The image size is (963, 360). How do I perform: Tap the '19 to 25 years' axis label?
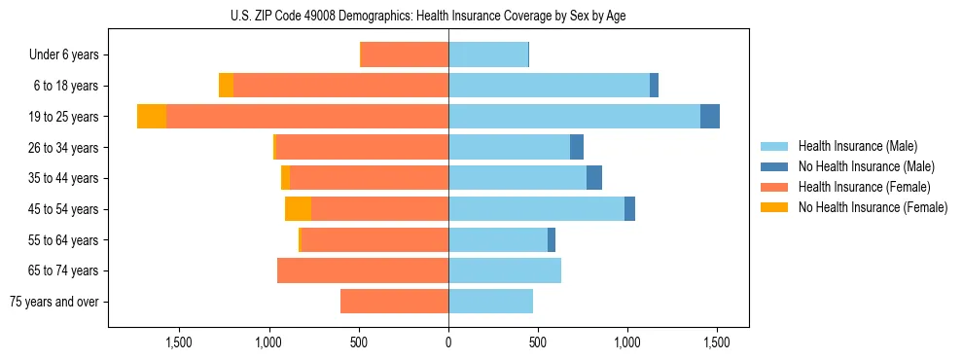point(63,117)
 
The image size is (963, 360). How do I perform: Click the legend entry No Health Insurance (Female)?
point(872,207)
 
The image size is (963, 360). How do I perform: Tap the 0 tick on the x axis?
point(448,342)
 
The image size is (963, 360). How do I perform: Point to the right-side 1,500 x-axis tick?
point(717,342)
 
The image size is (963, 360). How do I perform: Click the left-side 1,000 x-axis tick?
point(269,342)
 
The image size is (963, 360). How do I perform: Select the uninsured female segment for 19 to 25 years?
point(152,117)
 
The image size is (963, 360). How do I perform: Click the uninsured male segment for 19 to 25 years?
point(710,117)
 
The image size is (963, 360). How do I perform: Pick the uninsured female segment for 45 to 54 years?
point(298,209)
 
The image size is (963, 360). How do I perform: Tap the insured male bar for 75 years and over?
point(490,302)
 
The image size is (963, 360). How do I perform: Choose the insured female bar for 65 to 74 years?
point(363,270)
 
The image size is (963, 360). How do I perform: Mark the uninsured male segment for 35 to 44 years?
point(594,178)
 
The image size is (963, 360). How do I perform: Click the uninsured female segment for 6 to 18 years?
point(226,86)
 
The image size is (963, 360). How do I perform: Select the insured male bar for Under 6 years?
point(488,55)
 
